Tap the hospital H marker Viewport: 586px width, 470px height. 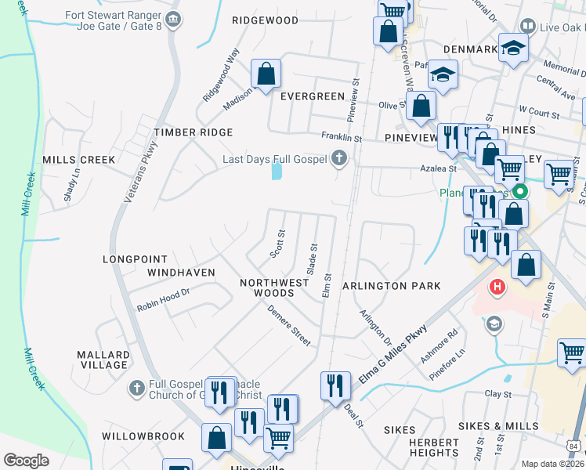point(497,288)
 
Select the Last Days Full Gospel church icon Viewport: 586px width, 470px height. point(339,159)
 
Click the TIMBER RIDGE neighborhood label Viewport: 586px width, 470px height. point(194,133)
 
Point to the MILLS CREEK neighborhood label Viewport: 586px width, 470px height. point(78,160)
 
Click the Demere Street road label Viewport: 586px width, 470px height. point(288,325)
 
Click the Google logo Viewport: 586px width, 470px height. point(26,461)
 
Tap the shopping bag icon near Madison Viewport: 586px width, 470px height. point(266,74)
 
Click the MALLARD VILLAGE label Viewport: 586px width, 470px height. point(103,360)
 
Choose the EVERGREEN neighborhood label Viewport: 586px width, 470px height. point(313,96)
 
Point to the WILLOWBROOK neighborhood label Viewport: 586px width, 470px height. point(143,436)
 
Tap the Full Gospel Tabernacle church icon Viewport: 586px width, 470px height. point(136,388)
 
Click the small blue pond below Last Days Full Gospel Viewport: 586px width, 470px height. point(277,170)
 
